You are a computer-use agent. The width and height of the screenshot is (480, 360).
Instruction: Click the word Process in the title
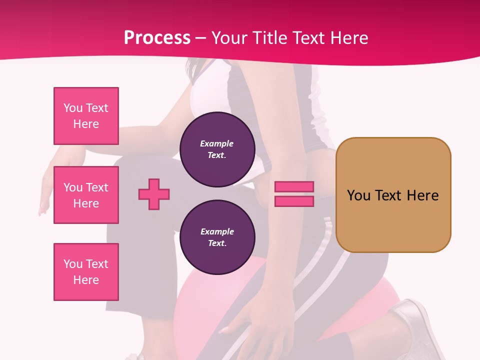pyautogui.click(x=157, y=38)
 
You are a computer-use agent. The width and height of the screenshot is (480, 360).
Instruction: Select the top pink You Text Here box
pyautogui.click(x=86, y=116)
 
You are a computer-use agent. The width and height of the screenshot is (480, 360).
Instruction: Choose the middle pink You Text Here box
pyautogui.click(x=86, y=195)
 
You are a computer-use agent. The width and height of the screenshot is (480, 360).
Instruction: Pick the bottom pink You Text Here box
pyautogui.click(x=86, y=272)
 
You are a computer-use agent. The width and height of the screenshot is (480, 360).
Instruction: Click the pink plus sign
pyautogui.click(x=154, y=193)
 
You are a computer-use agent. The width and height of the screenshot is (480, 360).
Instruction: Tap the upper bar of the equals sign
pyautogui.click(x=294, y=186)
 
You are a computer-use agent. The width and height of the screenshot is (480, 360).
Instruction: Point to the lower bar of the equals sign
pyautogui.click(x=294, y=201)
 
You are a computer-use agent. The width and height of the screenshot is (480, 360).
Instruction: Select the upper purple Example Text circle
pyautogui.click(x=217, y=149)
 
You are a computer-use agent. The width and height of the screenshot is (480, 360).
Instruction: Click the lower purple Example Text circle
pyautogui.click(x=217, y=237)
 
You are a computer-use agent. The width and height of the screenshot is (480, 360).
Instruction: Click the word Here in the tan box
pyautogui.click(x=422, y=195)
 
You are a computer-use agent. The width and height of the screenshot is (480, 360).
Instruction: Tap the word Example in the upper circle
pyautogui.click(x=217, y=143)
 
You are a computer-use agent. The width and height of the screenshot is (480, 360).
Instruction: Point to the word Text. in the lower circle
pyautogui.click(x=217, y=243)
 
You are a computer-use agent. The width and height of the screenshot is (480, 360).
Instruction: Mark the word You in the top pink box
pyautogui.click(x=73, y=108)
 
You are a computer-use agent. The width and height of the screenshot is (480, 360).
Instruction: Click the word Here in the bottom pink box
pyautogui.click(x=86, y=280)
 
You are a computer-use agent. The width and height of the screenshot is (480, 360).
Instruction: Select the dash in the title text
pyautogui.click(x=201, y=38)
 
